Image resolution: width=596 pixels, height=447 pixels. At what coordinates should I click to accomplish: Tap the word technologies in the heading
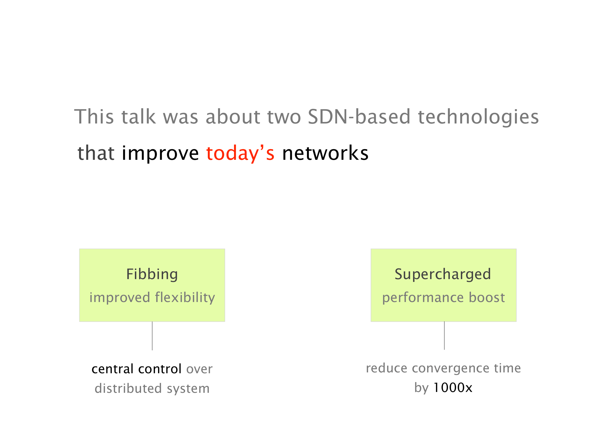478,117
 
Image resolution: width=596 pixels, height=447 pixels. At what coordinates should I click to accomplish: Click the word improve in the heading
160,154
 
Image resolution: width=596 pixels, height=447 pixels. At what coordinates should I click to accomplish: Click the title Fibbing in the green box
152,274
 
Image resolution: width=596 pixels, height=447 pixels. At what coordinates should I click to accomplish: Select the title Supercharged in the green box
443,274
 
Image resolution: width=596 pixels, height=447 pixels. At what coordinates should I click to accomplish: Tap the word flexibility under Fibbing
185,298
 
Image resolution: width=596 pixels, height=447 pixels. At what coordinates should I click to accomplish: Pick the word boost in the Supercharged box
487,297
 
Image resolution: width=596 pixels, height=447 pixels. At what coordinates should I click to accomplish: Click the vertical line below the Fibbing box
152,336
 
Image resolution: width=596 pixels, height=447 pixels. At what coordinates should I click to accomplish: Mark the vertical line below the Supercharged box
444,336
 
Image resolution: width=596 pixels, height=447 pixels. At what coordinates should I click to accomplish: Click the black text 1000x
453,387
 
